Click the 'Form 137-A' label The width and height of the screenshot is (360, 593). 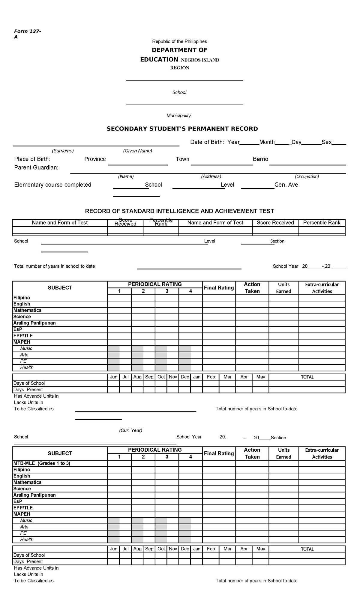click(28, 34)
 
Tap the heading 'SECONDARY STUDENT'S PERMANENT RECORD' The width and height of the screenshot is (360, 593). click(182, 129)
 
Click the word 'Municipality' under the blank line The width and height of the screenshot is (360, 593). click(178, 116)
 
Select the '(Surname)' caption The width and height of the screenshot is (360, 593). click(63, 151)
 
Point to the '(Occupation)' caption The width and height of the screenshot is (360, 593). click(307, 176)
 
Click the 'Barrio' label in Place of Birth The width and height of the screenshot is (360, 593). click(260, 159)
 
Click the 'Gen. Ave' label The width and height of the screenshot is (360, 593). click(286, 185)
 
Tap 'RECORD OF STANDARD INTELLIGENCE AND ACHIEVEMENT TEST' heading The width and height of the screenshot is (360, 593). click(179, 211)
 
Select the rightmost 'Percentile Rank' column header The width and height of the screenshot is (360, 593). click(322, 223)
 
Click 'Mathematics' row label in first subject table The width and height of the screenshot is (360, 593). click(27, 310)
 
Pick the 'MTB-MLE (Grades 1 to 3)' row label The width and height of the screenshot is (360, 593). click(42, 463)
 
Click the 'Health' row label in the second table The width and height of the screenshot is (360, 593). click(27, 539)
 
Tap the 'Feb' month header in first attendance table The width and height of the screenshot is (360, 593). click(211, 377)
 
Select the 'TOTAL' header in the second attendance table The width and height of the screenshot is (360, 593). click(307, 549)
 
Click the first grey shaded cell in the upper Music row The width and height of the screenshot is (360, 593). click(114, 348)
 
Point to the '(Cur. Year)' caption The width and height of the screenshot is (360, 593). click(130, 430)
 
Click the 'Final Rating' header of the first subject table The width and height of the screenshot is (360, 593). click(219, 288)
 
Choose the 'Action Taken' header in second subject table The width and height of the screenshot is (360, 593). click(252, 453)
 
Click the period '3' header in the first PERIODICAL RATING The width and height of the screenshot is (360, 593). click(167, 291)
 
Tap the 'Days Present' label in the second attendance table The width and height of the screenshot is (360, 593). click(28, 561)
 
